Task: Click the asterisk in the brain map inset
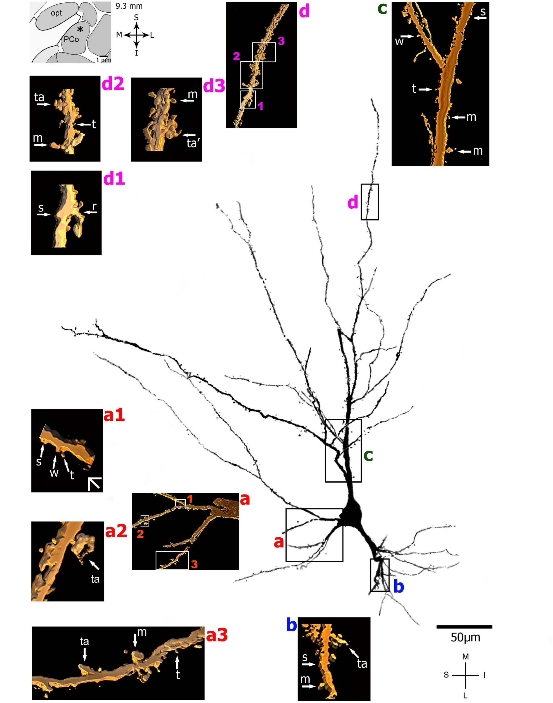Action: (80, 30)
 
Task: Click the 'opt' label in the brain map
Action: (56, 13)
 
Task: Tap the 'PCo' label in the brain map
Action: (71, 39)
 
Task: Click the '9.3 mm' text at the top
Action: (129, 6)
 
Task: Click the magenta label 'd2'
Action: (113, 84)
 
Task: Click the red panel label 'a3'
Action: (217, 635)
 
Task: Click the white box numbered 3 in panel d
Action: (264, 52)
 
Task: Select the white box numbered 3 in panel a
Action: (172, 560)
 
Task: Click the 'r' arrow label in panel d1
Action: (94, 206)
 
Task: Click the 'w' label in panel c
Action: (399, 41)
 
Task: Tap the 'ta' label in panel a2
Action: (95, 579)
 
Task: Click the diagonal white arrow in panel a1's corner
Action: (95, 483)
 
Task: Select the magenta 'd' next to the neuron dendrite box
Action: (352, 203)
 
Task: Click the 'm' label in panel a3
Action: (142, 632)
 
